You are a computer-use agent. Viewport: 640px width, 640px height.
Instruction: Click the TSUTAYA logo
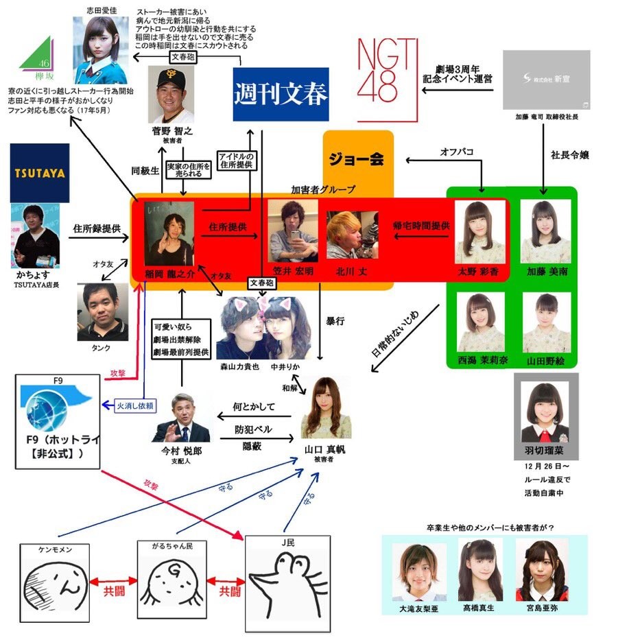[39, 173]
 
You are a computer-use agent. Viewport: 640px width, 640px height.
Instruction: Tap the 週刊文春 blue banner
[281, 95]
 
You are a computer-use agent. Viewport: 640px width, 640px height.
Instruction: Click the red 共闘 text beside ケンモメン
[113, 590]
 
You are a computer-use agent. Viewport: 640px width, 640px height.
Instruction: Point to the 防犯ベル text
[253, 429]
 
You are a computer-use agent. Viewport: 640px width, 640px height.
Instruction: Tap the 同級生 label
[144, 168]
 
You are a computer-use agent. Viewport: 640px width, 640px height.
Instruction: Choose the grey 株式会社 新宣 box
[546, 80]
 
